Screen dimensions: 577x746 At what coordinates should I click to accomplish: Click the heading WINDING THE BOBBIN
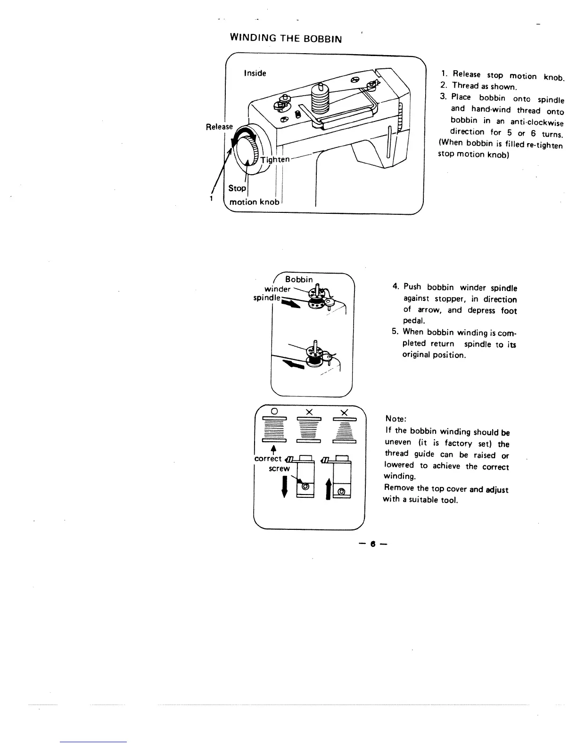coord(285,38)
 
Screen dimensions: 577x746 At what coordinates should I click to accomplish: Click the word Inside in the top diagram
coord(255,73)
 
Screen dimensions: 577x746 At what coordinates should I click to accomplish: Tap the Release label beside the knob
coord(219,127)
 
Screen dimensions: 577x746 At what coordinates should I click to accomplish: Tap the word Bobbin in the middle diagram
coord(299,280)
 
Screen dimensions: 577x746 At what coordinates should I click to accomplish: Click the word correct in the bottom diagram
coord(268,458)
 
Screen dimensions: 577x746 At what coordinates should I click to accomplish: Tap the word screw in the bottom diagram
coord(280,469)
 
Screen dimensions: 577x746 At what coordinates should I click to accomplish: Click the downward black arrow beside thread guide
coord(284,486)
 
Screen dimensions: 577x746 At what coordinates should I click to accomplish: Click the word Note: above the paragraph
coord(396,419)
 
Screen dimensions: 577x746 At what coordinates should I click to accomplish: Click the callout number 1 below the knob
coord(212,198)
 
